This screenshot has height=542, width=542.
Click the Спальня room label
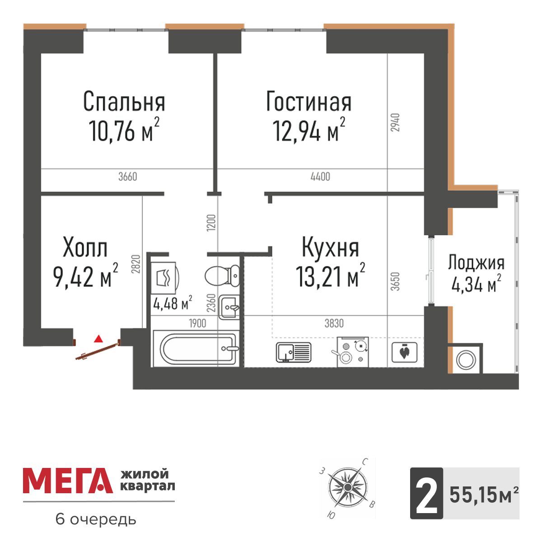pyautogui.click(x=124, y=102)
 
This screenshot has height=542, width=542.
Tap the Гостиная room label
pyautogui.click(x=308, y=102)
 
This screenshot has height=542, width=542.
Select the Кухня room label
pyautogui.click(x=330, y=248)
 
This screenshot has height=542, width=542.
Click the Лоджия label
pyautogui.click(x=476, y=263)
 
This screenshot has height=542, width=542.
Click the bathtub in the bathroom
pyautogui.click(x=196, y=348)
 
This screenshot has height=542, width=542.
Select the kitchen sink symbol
pyautogui.click(x=293, y=352)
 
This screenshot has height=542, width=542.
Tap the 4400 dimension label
pyautogui.click(x=320, y=177)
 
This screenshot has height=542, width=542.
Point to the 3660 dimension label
pyautogui.click(x=128, y=177)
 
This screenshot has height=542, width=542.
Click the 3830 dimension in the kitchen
pyautogui.click(x=334, y=323)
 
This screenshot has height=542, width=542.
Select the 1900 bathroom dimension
pyautogui.click(x=197, y=323)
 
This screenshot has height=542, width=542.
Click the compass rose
pyautogui.click(x=347, y=488)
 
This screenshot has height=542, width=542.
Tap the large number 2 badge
pyautogui.click(x=426, y=493)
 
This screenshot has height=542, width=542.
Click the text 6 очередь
pyautogui.click(x=95, y=519)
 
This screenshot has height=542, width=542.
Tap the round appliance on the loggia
pyautogui.click(x=465, y=360)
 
